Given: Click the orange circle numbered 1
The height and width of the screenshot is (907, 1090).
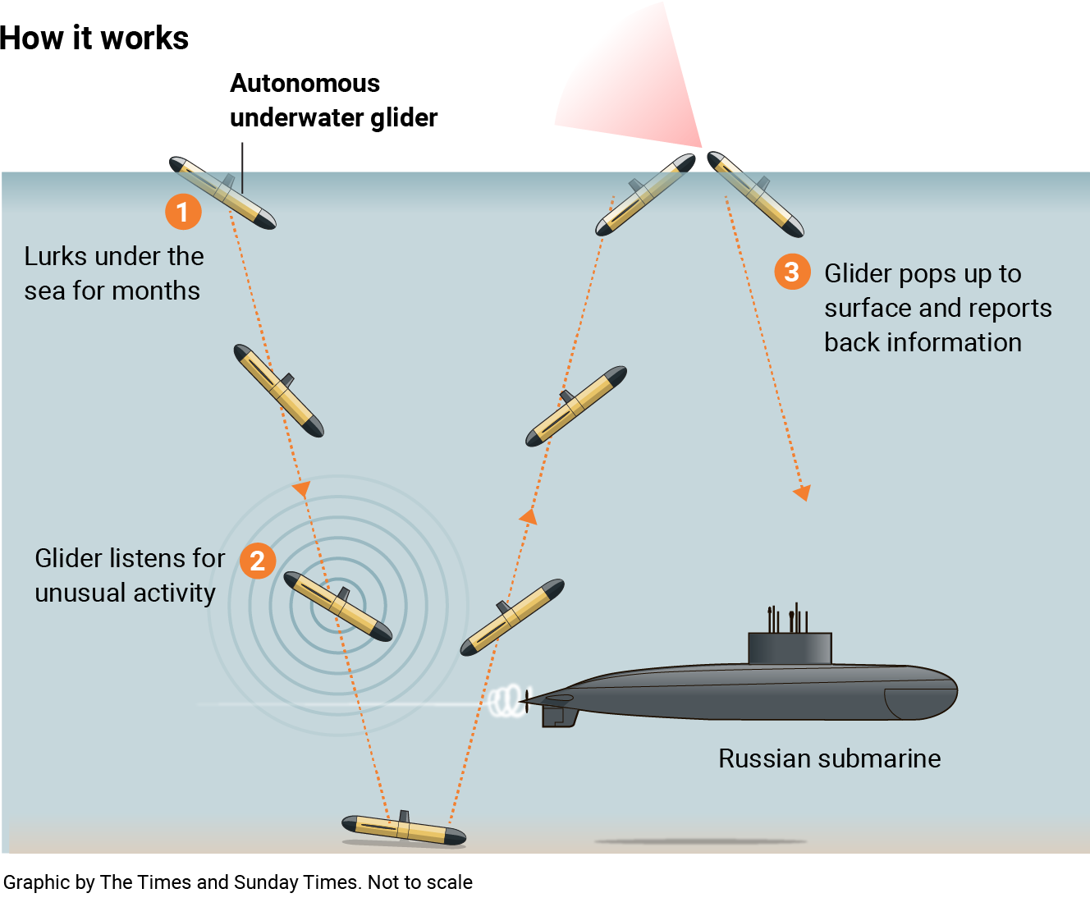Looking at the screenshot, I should point(183,212).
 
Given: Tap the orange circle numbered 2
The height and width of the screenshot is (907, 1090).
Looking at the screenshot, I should point(258,561).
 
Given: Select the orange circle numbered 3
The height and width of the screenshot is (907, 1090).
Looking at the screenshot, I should point(792,272).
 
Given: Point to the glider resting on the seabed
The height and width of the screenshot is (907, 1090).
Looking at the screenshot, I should point(404,829).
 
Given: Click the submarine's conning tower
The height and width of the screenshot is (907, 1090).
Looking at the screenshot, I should point(790,648).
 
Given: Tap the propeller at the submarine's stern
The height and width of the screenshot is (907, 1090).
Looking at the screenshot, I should point(524,701).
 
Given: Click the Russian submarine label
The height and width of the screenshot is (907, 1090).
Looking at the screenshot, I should point(829,758).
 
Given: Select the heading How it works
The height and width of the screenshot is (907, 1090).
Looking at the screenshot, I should point(94,39).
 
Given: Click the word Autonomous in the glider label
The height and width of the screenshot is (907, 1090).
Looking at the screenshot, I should point(305,83).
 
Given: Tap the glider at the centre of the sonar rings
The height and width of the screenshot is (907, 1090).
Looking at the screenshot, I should point(337,607).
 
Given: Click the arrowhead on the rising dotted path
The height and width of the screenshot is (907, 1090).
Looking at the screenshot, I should point(529,516).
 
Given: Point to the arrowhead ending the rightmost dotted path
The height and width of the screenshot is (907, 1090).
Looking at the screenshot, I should point(802,492).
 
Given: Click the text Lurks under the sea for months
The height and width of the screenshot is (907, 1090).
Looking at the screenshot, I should point(113,273).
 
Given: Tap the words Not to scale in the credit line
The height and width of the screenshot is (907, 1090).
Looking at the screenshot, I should point(420,882).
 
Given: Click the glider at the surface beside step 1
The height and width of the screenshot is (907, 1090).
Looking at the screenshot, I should point(222,192).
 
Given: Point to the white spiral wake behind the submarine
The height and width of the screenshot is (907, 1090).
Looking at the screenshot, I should point(506,702).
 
